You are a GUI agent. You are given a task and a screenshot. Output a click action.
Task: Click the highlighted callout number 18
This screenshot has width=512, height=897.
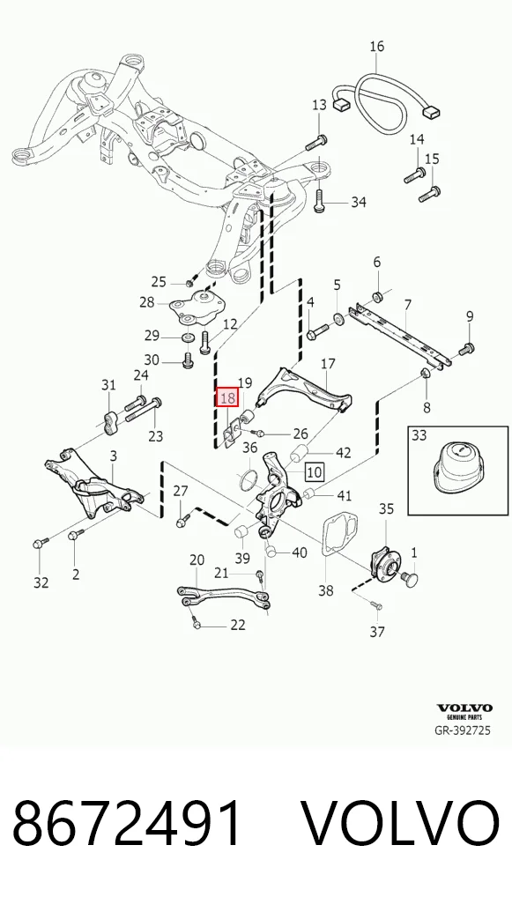point(227,397)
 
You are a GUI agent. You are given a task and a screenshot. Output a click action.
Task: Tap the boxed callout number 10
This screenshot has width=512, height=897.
point(315,472)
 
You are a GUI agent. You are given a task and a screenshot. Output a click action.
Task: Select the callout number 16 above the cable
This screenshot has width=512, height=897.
point(376,46)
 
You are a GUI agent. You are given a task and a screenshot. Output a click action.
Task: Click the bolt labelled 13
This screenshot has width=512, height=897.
point(316,141)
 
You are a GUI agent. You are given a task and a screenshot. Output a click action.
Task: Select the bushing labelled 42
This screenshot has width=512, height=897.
point(300,454)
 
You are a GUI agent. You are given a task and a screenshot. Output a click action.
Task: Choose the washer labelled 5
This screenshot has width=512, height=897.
point(338,318)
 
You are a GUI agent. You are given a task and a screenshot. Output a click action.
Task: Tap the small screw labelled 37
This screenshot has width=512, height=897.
point(375,604)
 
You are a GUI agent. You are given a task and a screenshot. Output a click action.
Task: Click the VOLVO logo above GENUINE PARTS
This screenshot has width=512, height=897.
point(464,708)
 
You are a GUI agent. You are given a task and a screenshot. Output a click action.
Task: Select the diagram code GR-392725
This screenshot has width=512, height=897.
point(463,730)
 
